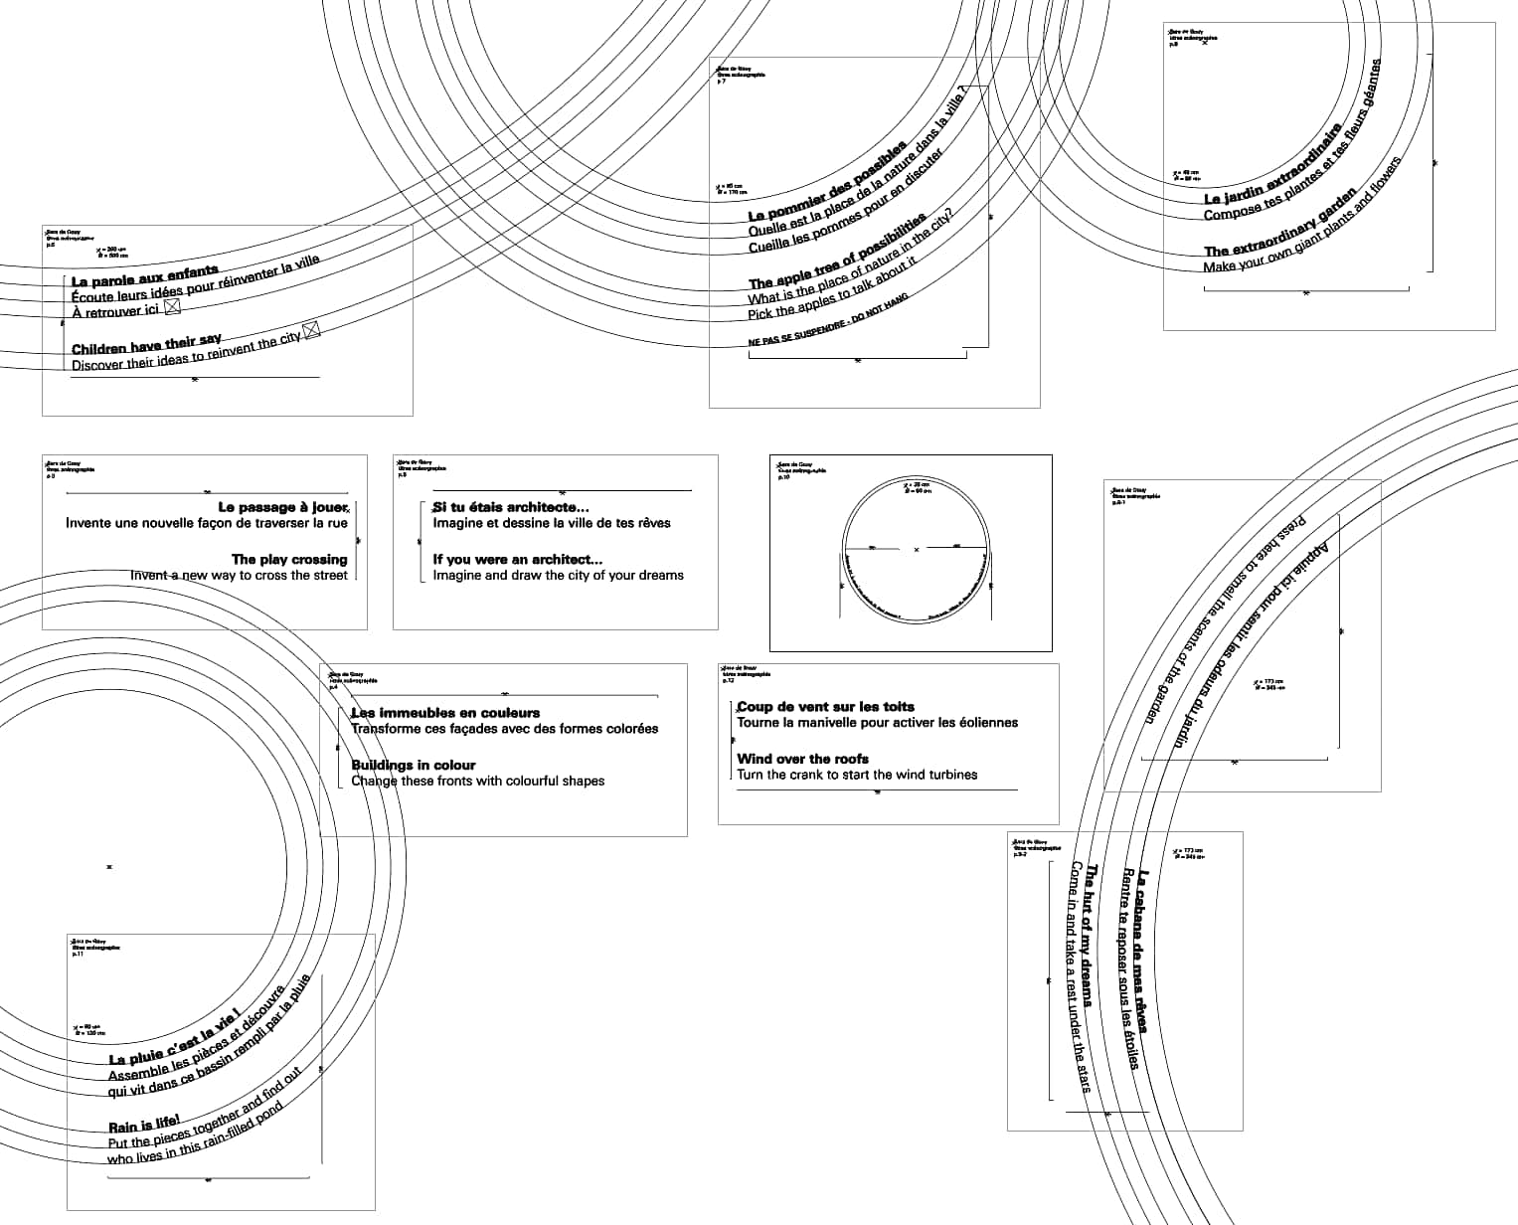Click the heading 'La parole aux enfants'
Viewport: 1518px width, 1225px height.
pyautogui.click(x=144, y=276)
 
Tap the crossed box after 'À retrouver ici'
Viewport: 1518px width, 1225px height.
pyautogui.click(x=172, y=308)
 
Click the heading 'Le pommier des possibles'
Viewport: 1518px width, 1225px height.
pyautogui.click(x=828, y=183)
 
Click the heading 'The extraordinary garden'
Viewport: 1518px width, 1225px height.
pyautogui.click(x=1279, y=224)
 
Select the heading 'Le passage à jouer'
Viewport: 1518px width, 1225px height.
pyautogui.click(x=282, y=507)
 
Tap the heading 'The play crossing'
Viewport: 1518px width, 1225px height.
pyautogui.click(x=289, y=559)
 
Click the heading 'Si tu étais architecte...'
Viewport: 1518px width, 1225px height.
pyautogui.click(x=511, y=507)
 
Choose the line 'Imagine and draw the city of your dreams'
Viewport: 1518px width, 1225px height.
pyautogui.click(x=558, y=575)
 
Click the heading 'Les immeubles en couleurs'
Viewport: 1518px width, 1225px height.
pyautogui.click(x=445, y=713)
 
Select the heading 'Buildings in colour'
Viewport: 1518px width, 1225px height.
pyautogui.click(x=414, y=765)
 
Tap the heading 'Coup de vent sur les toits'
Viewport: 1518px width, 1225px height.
pyautogui.click(x=825, y=707)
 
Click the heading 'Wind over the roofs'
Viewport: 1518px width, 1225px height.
pyautogui.click(x=803, y=759)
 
